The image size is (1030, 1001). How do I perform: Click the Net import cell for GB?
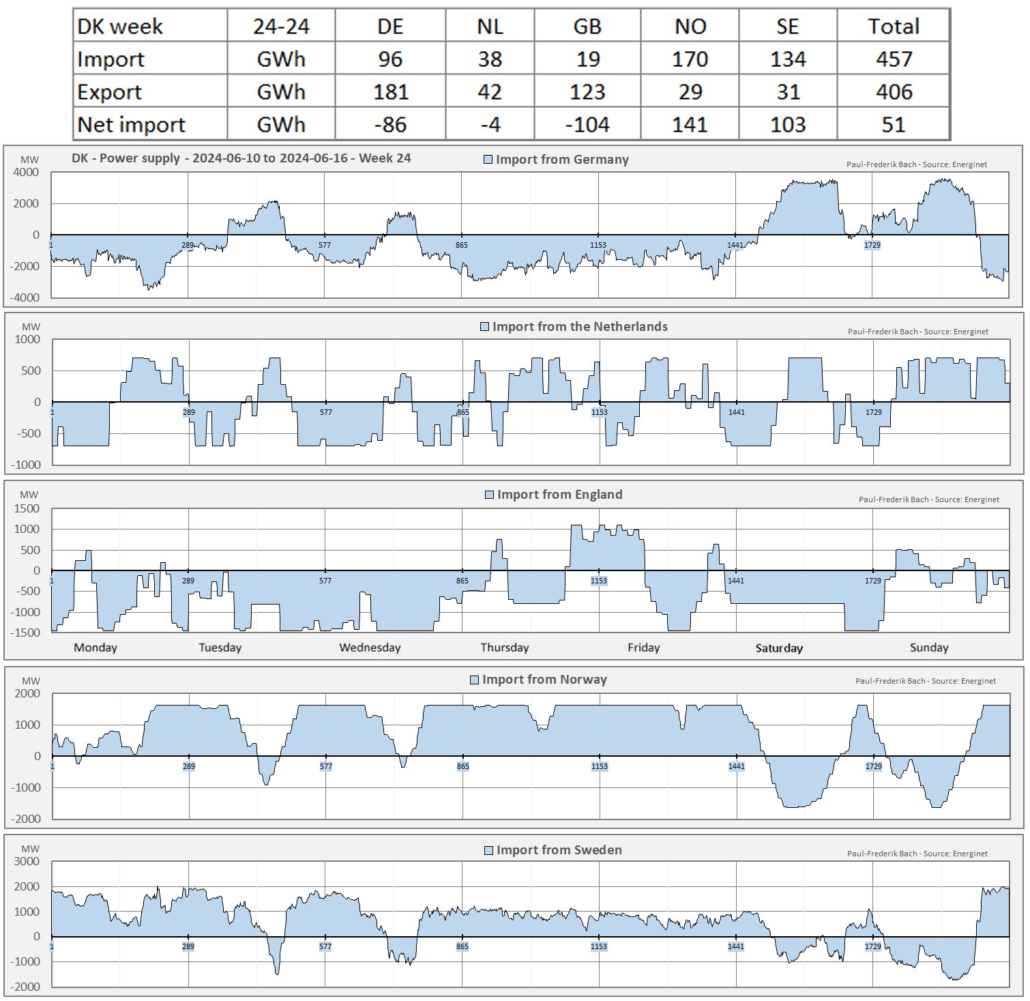point(587,124)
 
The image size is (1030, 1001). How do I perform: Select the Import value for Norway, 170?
point(690,59)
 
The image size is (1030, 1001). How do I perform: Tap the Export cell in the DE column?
point(390,92)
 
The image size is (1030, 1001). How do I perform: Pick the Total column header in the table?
point(893,27)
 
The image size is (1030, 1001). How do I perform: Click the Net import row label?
point(131,124)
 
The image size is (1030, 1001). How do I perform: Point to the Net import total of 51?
point(893,124)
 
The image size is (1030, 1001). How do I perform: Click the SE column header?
point(787,27)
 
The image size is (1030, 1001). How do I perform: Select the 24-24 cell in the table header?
point(281,27)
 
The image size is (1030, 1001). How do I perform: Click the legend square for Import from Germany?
point(488,160)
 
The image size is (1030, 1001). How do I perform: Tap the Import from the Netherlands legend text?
point(580,327)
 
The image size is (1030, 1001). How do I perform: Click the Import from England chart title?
point(559,495)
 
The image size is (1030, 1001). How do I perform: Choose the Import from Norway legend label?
point(544,680)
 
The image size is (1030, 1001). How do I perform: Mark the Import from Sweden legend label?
point(559,850)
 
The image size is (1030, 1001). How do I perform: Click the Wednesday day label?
point(370,648)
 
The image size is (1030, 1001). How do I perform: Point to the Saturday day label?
point(779,648)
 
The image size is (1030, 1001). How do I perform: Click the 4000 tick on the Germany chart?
point(26,173)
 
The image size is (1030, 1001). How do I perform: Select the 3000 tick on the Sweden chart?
point(27,862)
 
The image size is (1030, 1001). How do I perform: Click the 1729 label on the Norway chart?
point(874,766)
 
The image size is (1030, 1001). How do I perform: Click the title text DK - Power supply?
point(126,158)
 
